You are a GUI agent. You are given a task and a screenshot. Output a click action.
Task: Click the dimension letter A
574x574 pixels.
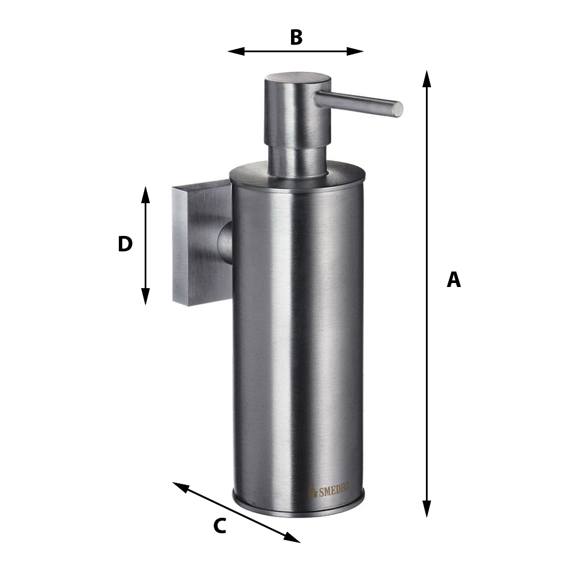tap(453, 280)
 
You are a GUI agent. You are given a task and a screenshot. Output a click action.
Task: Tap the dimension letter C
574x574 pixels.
tap(220, 526)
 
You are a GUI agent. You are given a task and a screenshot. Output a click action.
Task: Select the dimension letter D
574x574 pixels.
tap(125, 244)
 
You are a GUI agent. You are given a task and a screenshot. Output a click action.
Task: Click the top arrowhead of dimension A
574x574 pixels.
tap(426, 79)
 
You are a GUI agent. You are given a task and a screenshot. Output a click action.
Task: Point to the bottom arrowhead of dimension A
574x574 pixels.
tap(426, 509)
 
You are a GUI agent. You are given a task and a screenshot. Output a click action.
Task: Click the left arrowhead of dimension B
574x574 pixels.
tap(236, 51)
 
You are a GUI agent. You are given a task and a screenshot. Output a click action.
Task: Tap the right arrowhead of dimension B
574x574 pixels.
tap(355, 51)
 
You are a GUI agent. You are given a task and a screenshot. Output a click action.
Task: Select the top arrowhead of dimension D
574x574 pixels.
tap(146, 195)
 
